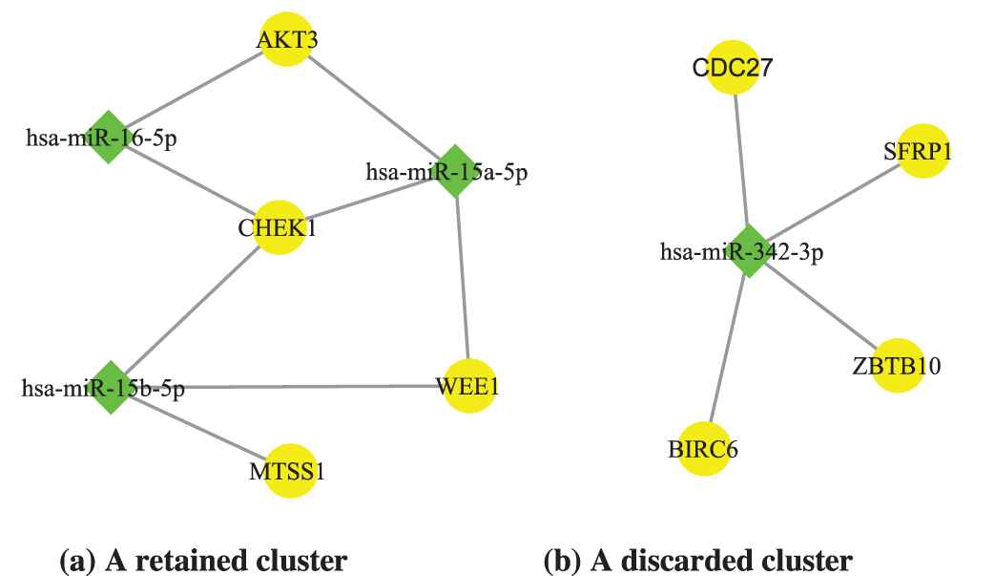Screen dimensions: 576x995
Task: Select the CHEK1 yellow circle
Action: [x=278, y=228]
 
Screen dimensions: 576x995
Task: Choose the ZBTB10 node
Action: [x=898, y=365]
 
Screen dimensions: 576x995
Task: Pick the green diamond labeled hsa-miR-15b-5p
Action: [x=113, y=387]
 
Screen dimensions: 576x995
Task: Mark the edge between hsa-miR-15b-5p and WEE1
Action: [x=286, y=387]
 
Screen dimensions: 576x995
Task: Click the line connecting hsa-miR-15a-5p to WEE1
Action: [x=463, y=277]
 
